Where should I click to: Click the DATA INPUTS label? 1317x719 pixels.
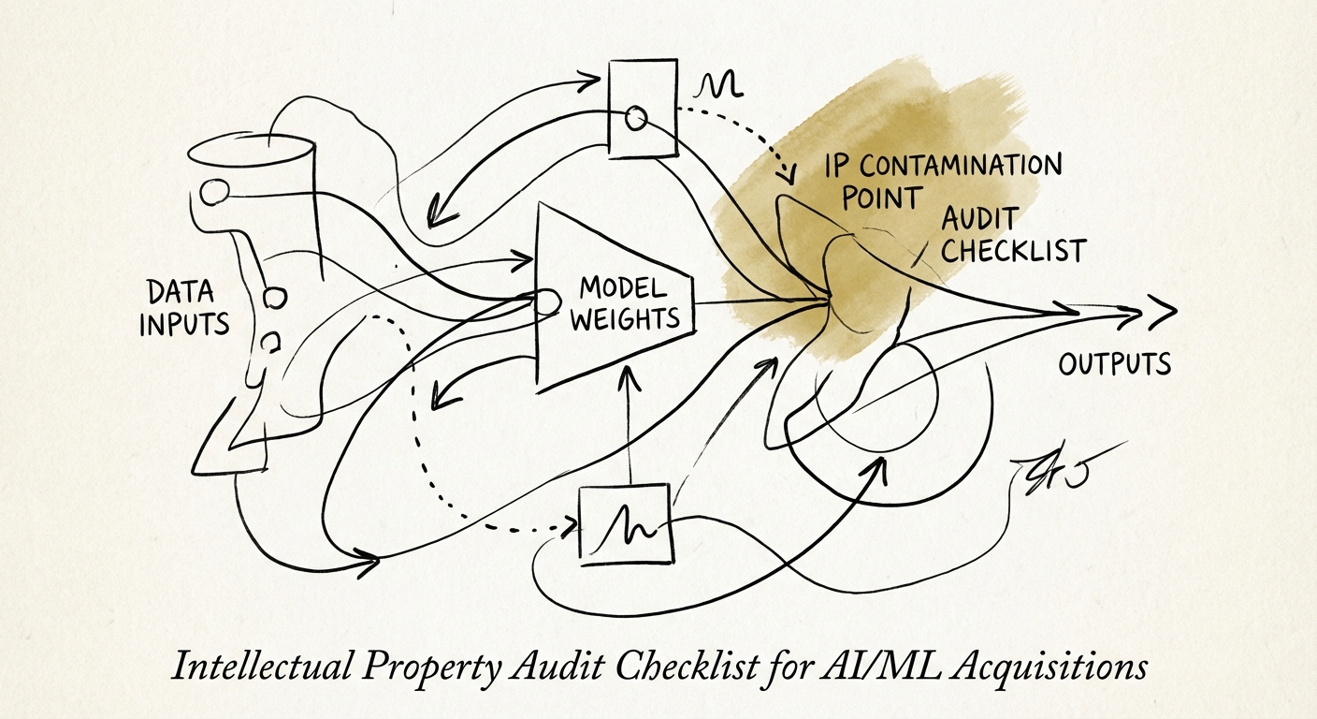pos(184,307)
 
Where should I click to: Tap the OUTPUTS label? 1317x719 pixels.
pos(1114,363)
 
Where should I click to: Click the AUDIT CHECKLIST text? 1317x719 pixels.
pos(1012,234)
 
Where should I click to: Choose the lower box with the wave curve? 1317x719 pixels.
pos(626,524)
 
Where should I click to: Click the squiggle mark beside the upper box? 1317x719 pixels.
pos(718,86)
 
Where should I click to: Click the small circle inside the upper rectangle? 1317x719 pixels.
pos(634,118)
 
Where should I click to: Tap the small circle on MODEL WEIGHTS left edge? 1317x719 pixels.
pos(539,301)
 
